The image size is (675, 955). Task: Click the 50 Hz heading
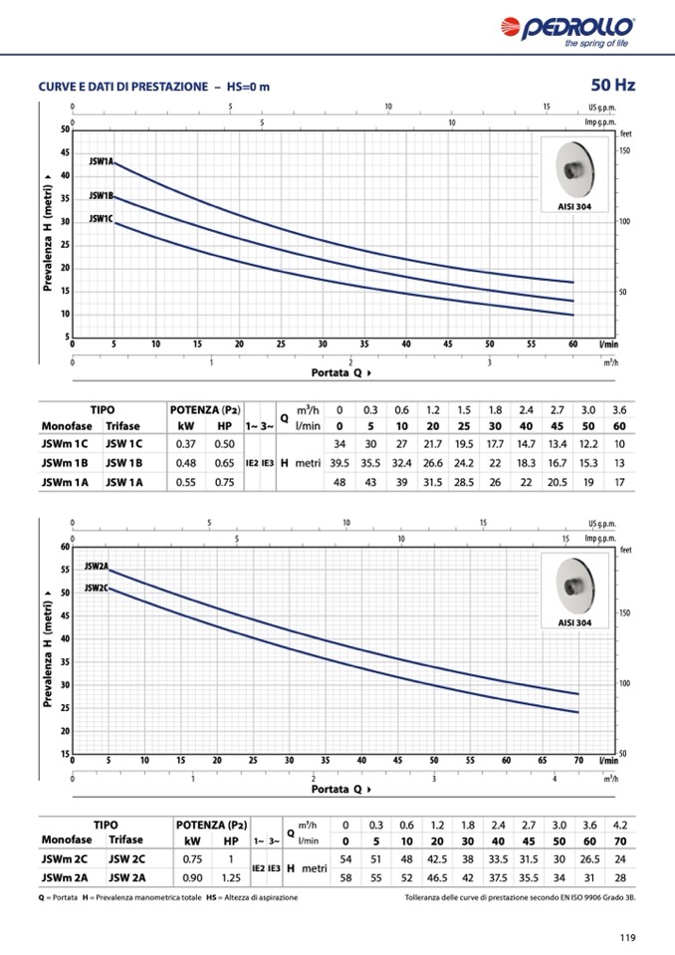(612, 85)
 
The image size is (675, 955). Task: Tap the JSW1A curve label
(102, 160)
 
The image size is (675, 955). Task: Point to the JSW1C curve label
(101, 218)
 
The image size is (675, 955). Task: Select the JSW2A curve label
(96, 566)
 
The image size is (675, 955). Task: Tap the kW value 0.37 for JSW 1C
(185, 443)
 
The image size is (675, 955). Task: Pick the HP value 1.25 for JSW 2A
(231, 877)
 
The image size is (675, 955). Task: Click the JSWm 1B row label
(65, 462)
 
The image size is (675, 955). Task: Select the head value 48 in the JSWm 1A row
(339, 482)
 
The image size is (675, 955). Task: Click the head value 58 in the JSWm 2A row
(345, 877)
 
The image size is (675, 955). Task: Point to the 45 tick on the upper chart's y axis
(66, 152)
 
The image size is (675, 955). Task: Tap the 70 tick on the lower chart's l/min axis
(577, 760)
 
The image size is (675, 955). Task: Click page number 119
(626, 936)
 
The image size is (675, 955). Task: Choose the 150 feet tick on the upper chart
(625, 150)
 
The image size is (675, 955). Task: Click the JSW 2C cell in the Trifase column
(126, 858)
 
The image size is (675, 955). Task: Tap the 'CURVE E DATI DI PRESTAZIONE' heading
(123, 87)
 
